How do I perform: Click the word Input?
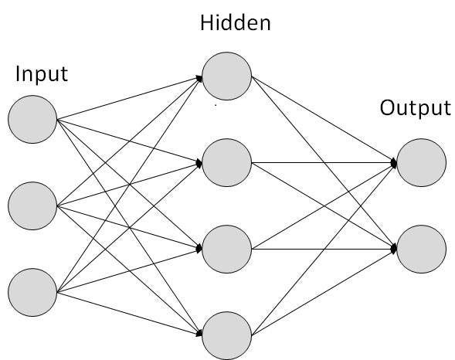42,75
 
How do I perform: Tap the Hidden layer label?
236,22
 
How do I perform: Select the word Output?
415,107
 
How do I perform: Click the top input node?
32,119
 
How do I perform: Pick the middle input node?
32,205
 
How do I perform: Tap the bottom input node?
32,291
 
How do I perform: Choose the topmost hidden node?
227,76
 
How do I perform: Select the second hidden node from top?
227,162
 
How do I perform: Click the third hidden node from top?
227,248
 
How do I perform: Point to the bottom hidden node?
227,335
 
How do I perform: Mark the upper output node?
422,162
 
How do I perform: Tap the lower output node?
422,248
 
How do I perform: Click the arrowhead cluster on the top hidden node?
199,77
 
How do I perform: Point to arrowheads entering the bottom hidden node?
199,334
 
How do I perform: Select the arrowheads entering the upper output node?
393,163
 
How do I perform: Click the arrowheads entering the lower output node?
393,248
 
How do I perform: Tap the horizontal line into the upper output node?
324,162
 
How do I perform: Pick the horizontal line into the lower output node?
324,248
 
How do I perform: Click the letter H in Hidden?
206,22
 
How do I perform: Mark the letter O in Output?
387,107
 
